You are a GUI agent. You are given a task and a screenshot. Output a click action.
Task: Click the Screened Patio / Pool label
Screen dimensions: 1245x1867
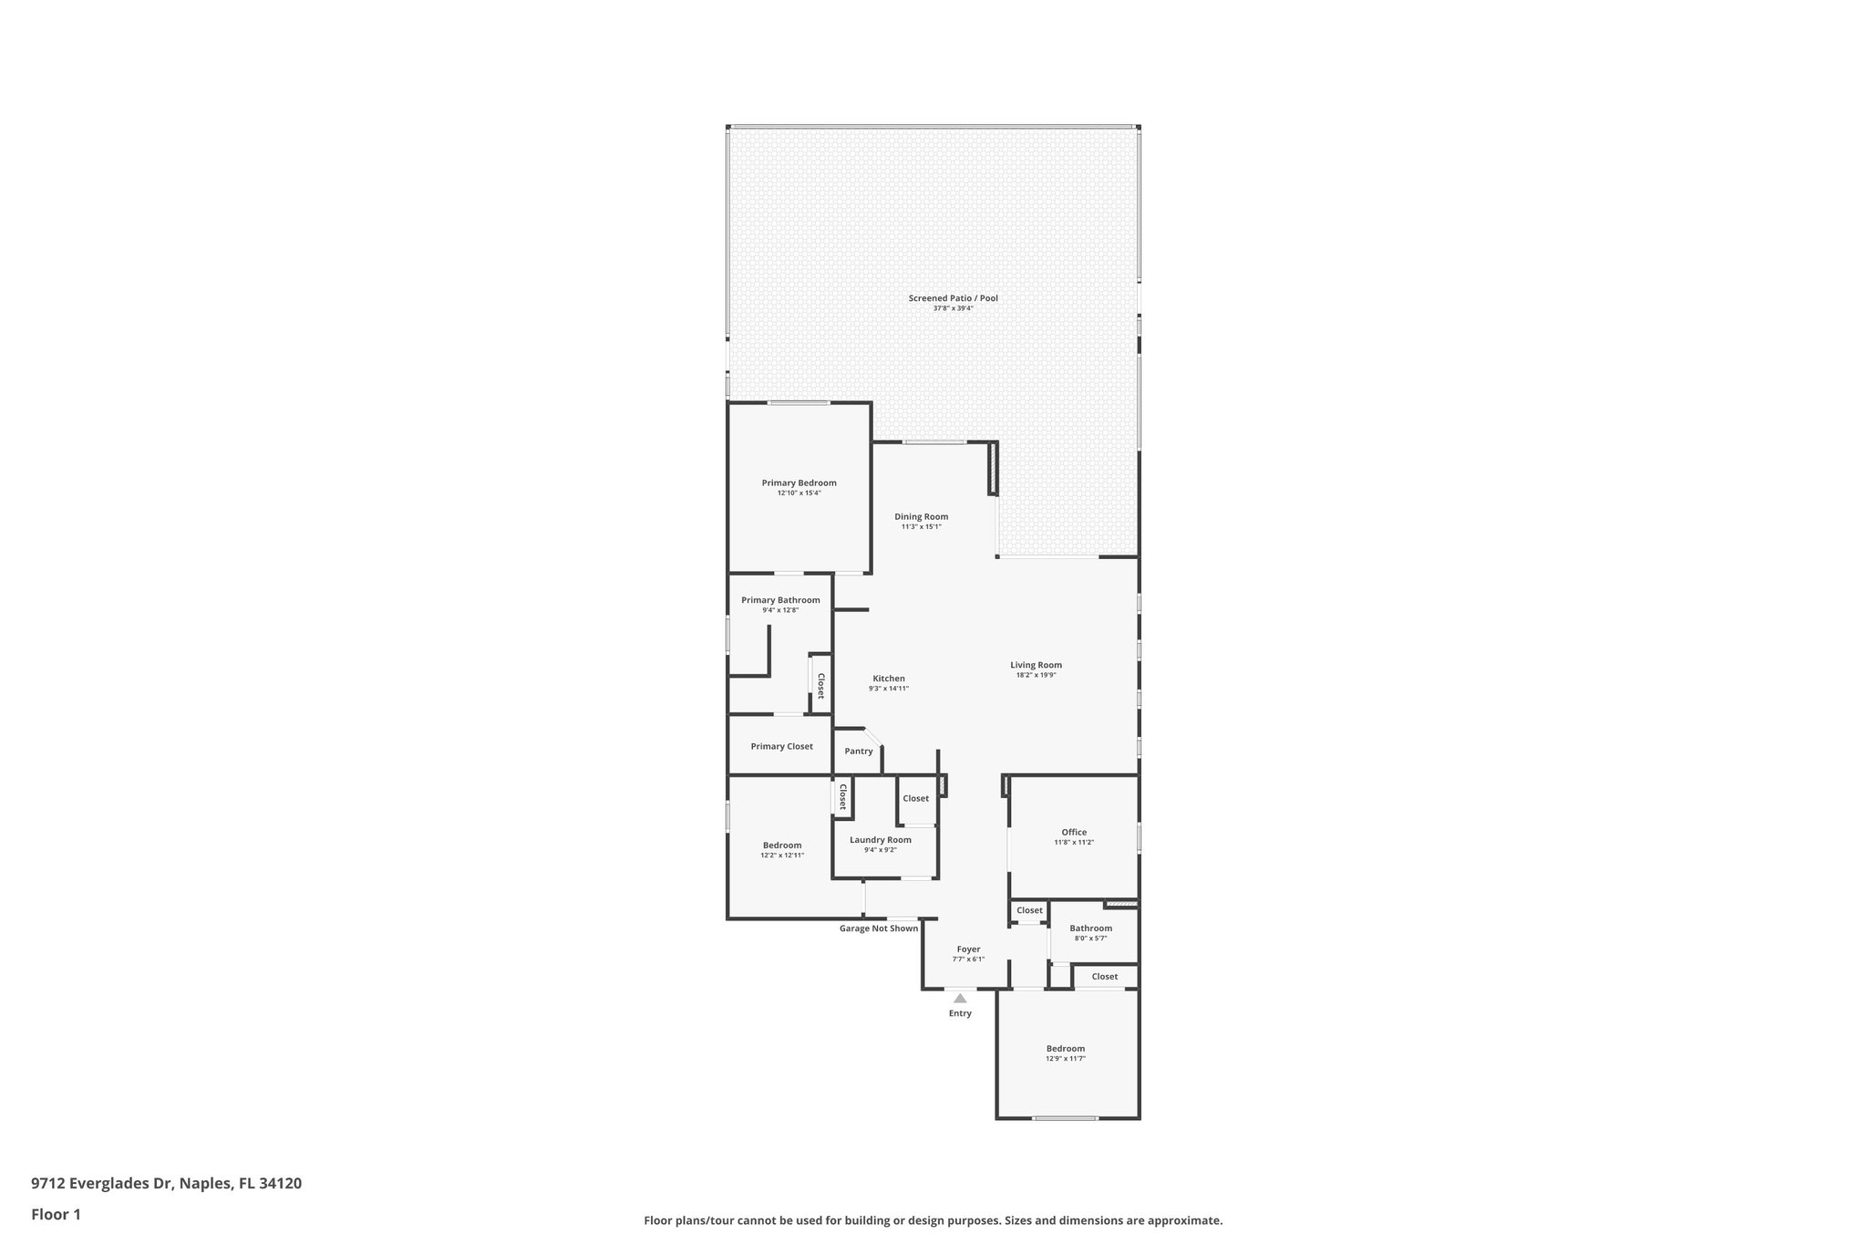953,298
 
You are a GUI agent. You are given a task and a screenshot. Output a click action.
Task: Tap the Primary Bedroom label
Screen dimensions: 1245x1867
799,483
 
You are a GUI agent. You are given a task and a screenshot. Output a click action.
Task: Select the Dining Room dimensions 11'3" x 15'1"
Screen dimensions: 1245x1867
921,526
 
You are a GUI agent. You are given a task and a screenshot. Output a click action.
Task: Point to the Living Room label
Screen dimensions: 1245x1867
1036,665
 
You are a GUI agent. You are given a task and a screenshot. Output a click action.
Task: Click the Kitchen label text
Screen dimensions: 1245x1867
889,679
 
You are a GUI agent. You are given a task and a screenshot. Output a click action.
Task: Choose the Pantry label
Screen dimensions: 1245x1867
858,752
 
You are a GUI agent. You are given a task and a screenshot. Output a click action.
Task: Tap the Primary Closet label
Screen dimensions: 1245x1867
781,746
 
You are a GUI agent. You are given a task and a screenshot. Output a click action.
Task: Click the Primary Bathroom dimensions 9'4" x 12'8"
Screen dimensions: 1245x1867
780,610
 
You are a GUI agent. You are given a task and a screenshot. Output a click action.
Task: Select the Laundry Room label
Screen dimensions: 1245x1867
880,840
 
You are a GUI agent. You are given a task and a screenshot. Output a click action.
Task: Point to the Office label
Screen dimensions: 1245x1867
1074,832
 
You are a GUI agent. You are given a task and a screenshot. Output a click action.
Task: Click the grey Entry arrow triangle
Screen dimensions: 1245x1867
960,999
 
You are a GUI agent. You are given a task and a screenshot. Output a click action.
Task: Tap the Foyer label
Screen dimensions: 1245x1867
968,949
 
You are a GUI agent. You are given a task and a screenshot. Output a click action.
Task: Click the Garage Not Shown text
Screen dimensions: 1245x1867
878,929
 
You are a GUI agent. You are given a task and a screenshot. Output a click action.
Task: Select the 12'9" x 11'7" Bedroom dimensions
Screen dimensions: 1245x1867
1065,1059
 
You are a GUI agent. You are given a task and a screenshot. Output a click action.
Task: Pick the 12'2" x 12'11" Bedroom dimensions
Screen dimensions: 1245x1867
781,856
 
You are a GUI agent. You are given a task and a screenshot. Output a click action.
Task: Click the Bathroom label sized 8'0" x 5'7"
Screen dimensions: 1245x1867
1090,929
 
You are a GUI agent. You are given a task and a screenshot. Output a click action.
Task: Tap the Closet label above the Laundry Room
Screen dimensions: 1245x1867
915,798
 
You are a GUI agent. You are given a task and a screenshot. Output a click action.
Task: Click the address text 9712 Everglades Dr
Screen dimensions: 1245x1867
101,1184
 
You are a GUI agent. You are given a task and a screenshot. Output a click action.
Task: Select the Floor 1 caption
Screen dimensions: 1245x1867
57,1214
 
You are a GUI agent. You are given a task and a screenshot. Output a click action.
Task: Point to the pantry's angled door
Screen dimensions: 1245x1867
873,737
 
